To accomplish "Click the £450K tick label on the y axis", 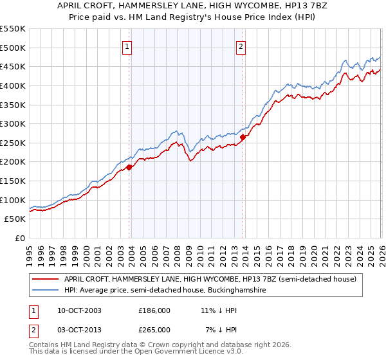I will coord(13,66).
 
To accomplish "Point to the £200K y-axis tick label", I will coord(13,162).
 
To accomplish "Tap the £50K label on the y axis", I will coord(15,219).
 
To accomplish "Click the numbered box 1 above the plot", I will coord(127,46).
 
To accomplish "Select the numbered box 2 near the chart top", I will coord(241,46).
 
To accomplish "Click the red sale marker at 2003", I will coord(129,167).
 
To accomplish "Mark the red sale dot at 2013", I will coord(243,137).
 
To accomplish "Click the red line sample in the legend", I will coord(46,279).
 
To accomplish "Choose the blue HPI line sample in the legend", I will coord(46,291).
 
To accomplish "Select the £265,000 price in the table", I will coord(154,329).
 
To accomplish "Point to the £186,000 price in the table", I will coord(154,310).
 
